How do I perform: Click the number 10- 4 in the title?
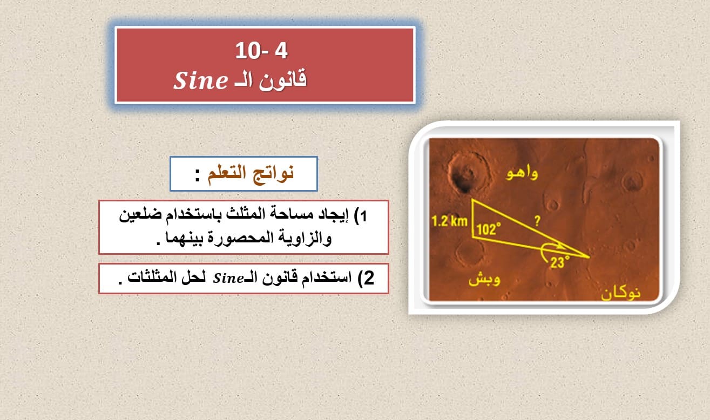coord(261,51)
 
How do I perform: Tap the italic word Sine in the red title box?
coord(201,80)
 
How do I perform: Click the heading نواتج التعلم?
coord(251,174)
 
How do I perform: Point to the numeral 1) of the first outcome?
coord(360,216)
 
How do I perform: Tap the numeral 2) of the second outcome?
coord(366,278)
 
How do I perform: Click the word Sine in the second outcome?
coord(228,279)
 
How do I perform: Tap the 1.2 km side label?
coord(449,221)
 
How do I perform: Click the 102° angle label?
coord(489,229)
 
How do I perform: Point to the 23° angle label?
coord(559,262)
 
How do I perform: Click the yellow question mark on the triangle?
coord(537,221)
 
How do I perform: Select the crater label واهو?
coord(522,173)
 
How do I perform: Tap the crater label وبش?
coord(484,279)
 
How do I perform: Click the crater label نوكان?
coord(620,294)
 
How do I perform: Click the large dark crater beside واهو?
coord(467,172)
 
